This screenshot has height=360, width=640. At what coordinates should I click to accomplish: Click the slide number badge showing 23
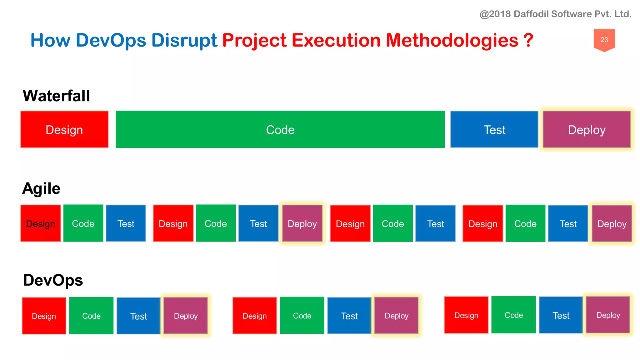[x=604, y=40]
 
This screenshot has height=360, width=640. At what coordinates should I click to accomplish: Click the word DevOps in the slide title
[x=111, y=40]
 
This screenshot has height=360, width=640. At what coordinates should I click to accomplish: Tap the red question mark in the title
[x=528, y=40]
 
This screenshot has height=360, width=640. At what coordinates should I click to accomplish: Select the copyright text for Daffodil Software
[x=555, y=14]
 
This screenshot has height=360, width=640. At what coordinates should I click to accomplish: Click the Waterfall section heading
[x=56, y=96]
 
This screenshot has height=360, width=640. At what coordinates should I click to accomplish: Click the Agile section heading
[x=41, y=188]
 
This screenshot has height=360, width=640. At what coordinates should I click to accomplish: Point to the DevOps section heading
[x=53, y=280]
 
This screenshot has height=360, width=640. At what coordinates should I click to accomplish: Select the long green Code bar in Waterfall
[x=280, y=129]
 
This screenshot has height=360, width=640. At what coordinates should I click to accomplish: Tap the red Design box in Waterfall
[x=64, y=129]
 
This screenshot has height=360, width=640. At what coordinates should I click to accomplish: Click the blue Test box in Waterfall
[x=494, y=129]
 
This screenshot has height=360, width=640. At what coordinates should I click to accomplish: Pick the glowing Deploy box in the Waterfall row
[x=587, y=129]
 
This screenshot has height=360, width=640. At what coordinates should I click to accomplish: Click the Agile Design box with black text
[x=41, y=223]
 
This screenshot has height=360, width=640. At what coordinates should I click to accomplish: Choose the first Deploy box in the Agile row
[x=302, y=223]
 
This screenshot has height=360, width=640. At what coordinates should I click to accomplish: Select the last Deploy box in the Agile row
[x=612, y=223]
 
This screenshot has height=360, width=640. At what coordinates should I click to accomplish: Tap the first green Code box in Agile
[x=83, y=223]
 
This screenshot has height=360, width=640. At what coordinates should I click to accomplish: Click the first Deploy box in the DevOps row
[x=186, y=316]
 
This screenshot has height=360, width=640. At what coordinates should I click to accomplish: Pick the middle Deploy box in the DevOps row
[x=396, y=316]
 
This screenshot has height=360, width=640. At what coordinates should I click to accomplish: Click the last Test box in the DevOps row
[x=561, y=315]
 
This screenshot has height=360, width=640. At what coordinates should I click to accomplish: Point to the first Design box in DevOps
[x=44, y=316]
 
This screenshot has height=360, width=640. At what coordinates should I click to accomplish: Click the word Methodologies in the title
[x=452, y=40]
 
